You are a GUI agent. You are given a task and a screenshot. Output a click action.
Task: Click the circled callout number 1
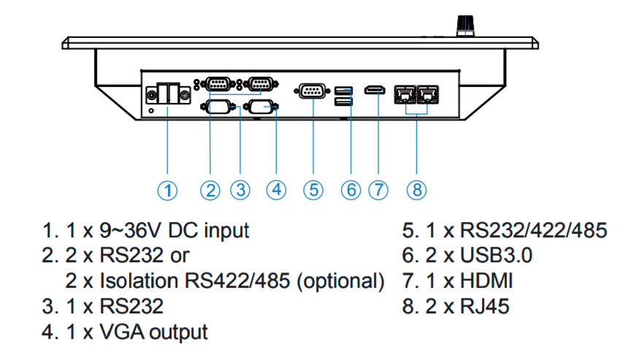[x=169, y=190]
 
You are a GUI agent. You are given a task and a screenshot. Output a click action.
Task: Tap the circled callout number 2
[x=211, y=190]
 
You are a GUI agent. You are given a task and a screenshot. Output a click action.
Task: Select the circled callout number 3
[x=240, y=190]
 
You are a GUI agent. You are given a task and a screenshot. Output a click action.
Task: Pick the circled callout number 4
[x=276, y=190]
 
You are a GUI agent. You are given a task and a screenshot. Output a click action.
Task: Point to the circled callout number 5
[x=313, y=190]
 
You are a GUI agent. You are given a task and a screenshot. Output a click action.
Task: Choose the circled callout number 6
[x=351, y=190]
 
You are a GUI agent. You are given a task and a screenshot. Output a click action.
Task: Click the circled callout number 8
[x=416, y=190]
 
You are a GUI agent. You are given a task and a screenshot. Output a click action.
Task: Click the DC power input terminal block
[x=169, y=93]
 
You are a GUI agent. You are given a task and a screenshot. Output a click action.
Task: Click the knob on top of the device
[x=464, y=26]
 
